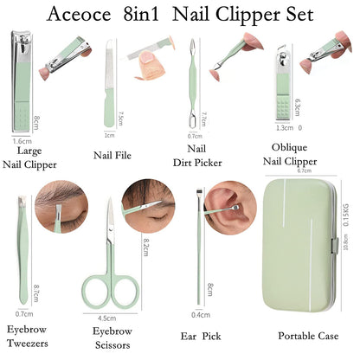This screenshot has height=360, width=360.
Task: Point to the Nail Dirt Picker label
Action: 198,156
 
